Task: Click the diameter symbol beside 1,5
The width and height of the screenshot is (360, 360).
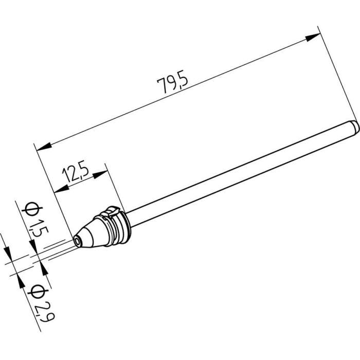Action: tap(31, 208)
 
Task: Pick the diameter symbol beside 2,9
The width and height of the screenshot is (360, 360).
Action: tap(36, 291)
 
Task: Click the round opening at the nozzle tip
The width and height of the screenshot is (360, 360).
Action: tap(78, 240)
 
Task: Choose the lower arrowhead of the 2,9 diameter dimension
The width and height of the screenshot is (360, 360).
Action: tap(21, 280)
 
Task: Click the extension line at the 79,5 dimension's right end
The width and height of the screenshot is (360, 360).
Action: tap(337, 72)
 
